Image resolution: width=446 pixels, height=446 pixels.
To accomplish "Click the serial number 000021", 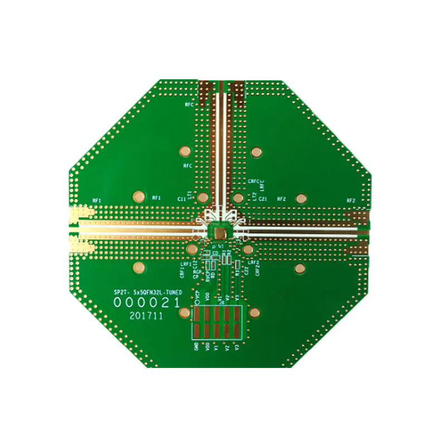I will click(x=147, y=303).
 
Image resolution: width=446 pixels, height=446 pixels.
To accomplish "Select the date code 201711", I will click(x=146, y=316).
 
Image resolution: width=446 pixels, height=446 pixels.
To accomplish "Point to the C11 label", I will click(x=181, y=199).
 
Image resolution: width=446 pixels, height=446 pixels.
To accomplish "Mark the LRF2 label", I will click(x=254, y=262).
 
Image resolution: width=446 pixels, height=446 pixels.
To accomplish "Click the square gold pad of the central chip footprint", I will click(x=220, y=231).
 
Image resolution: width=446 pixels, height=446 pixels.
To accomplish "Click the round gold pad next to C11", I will click(x=203, y=198).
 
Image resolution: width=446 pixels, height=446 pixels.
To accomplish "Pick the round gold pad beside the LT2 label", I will click(x=238, y=198).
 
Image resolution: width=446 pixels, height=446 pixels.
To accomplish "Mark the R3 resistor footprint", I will click(x=237, y=264).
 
